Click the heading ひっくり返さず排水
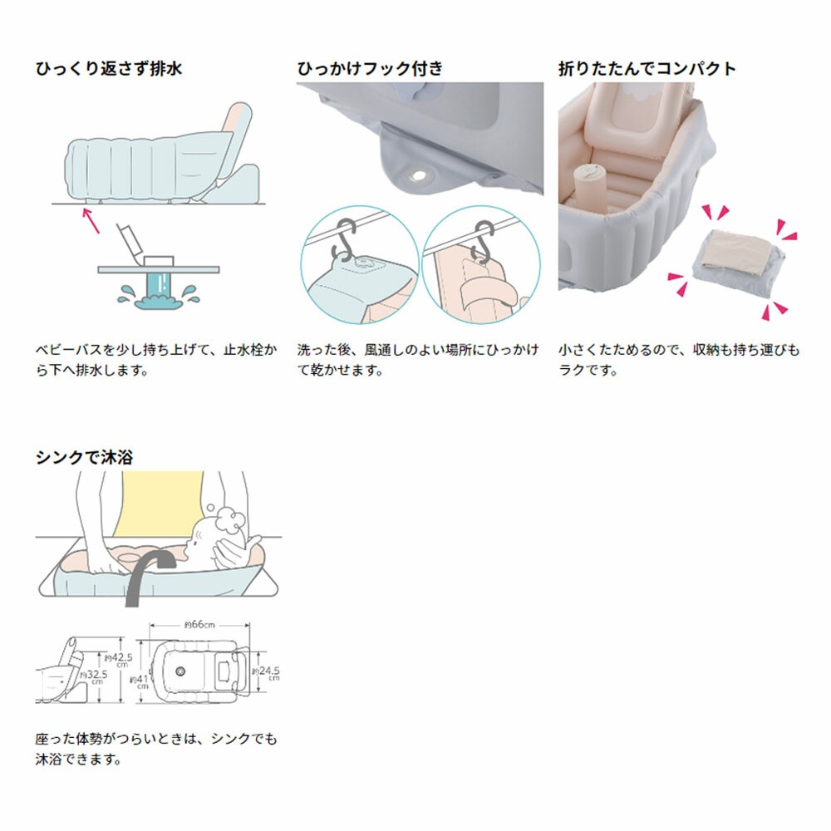(x=108, y=69)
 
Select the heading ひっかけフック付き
(x=371, y=69)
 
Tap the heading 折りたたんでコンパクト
(x=647, y=69)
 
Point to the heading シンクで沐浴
(x=84, y=457)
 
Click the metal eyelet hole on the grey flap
(x=415, y=175)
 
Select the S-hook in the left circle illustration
(x=346, y=241)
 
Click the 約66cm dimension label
(x=199, y=625)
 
